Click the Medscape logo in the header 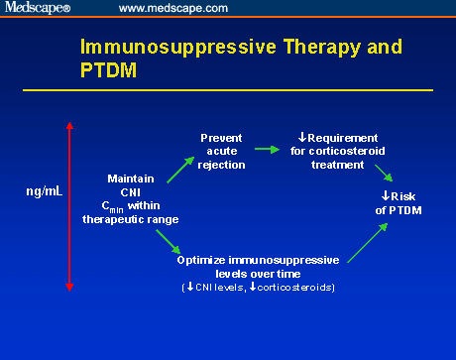(39, 8)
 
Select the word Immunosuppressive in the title (163, 49)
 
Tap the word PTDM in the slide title (106, 71)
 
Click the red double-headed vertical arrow (68, 205)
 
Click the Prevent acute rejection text (222, 151)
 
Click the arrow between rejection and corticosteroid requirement (266, 150)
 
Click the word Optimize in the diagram (202, 260)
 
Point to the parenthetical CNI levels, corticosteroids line (258, 288)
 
